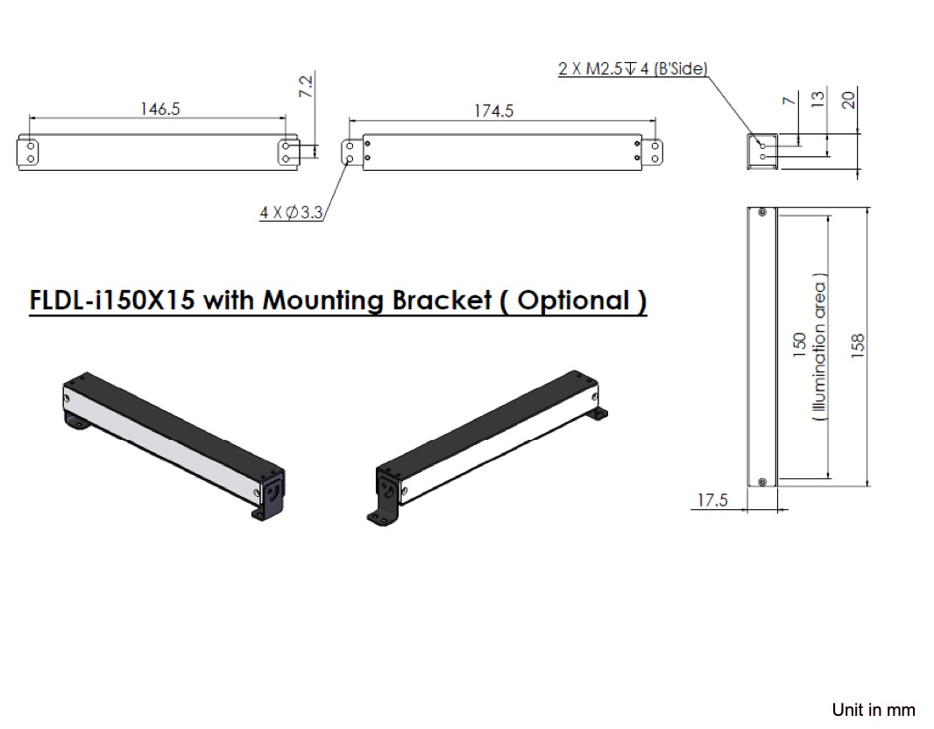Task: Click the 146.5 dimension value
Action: (x=159, y=109)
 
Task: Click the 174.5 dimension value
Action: (x=494, y=111)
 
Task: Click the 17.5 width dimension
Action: (x=712, y=500)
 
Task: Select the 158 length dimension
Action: (x=858, y=343)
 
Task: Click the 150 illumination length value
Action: (x=798, y=343)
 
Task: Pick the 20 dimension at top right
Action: (x=847, y=99)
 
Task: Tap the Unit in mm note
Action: (x=873, y=709)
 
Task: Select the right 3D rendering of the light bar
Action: (x=487, y=447)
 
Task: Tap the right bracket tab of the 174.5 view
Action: (x=653, y=152)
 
